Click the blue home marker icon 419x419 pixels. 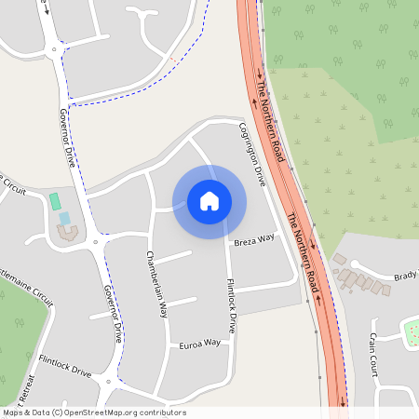tap(209, 200)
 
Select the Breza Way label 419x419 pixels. tap(255, 241)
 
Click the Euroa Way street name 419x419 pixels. tap(199, 344)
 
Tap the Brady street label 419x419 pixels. tap(405, 277)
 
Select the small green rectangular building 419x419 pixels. tap(55, 201)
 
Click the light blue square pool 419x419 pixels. tap(64, 219)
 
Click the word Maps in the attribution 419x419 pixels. tap(14, 412)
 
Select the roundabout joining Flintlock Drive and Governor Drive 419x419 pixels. tap(113, 381)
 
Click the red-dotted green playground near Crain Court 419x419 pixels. tap(410, 331)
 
